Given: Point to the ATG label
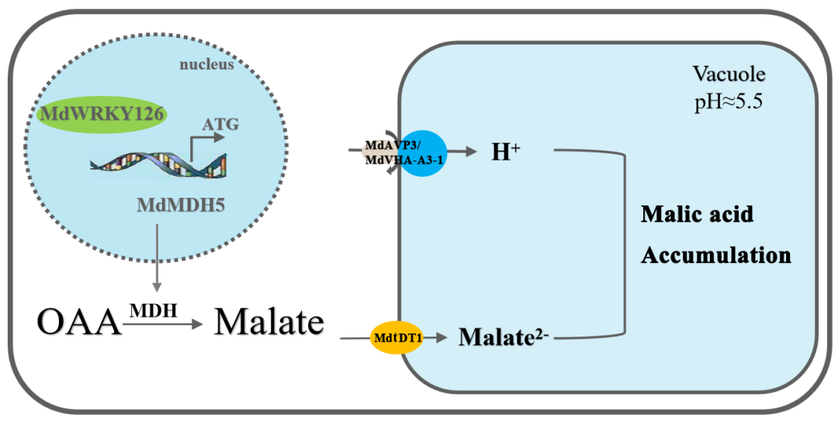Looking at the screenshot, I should coord(220,123).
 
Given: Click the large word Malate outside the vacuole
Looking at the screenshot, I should coord(268,321).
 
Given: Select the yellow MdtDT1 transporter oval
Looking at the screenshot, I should coord(396,339).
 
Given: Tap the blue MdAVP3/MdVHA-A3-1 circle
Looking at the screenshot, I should coord(422,152).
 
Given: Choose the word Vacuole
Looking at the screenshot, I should coord(729,74).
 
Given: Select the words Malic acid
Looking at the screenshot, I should coord(696,214).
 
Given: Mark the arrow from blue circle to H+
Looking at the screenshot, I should coord(462,152).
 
